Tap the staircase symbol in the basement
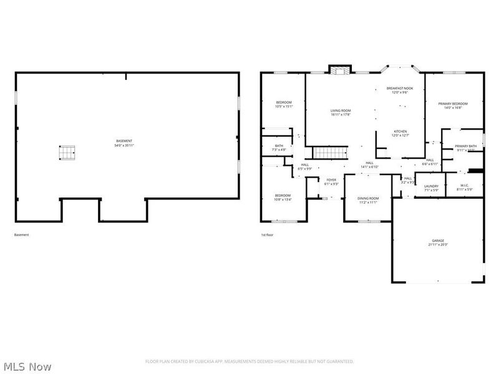click(67, 151)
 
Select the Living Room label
click(341, 112)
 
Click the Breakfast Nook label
click(399, 90)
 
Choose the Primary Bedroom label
click(452, 105)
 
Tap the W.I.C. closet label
click(465, 187)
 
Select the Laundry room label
click(431, 187)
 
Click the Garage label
click(438, 242)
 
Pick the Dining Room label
click(367, 199)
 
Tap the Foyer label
click(332, 181)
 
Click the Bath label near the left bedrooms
click(279, 148)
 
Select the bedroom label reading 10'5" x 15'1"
click(284, 104)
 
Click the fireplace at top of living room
click(340, 70)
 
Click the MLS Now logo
click(27, 367)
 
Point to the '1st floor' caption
click(267, 235)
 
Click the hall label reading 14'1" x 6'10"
click(371, 165)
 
